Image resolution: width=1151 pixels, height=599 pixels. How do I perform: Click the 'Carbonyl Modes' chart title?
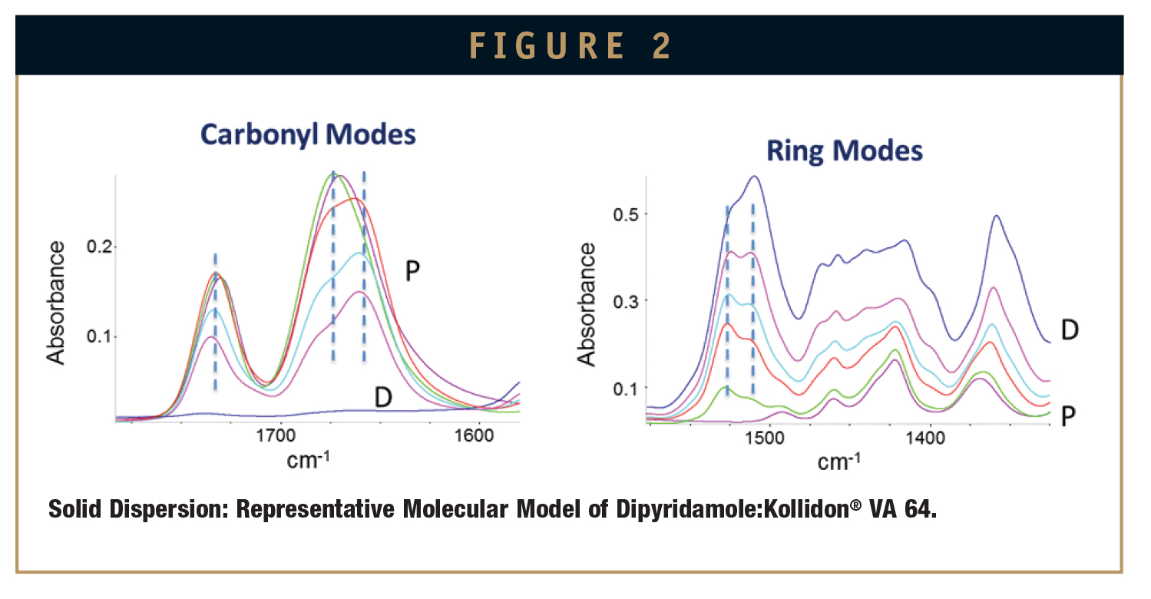click(308, 135)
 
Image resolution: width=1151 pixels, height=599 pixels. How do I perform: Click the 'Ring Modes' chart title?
click(844, 151)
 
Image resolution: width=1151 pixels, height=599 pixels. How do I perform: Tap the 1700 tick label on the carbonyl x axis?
click(276, 436)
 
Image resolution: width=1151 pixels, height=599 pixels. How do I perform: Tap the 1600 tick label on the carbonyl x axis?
click(474, 436)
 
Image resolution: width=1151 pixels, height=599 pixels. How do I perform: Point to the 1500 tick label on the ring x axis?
click(765, 438)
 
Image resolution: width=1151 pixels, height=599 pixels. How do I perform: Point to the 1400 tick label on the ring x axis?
click(925, 438)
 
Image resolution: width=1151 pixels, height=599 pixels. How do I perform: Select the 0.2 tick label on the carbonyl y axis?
click(99, 247)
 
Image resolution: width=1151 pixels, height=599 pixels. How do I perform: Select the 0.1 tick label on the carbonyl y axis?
click(99, 336)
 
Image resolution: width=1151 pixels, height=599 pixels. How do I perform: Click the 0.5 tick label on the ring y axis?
click(625, 214)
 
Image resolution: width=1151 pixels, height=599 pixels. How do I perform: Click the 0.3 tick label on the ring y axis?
click(625, 301)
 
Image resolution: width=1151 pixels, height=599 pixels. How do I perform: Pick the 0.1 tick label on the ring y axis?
click(625, 389)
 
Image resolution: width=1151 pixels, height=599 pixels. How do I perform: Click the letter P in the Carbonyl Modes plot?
click(412, 271)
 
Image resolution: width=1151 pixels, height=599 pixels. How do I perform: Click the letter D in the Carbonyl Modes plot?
click(383, 397)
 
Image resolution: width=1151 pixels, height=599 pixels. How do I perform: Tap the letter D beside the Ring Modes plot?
click(1070, 329)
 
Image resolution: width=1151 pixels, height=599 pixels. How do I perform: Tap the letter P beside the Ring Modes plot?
click(1068, 415)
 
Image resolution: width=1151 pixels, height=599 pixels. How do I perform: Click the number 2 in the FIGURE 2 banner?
click(662, 46)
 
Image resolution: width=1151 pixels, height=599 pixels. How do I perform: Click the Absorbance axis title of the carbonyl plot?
click(55, 303)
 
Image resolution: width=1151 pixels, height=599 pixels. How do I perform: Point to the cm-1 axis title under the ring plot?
click(839, 462)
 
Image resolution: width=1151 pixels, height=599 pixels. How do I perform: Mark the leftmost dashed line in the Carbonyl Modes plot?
click(215, 322)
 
